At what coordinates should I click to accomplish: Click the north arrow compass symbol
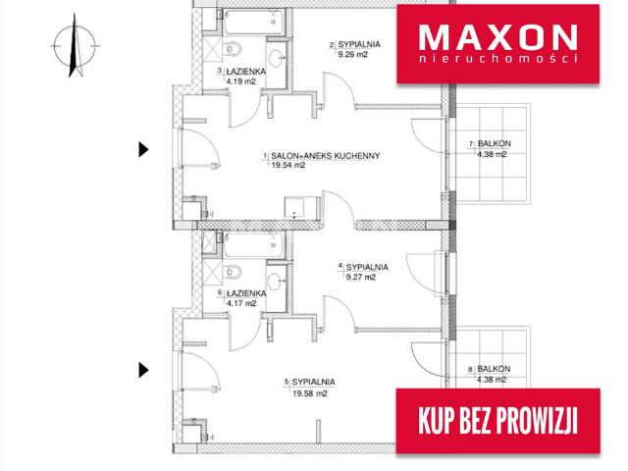75,45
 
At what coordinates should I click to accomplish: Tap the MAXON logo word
497,37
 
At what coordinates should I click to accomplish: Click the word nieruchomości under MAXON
497,59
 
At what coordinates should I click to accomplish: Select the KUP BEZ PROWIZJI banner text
497,421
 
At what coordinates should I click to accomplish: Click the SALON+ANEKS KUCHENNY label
325,155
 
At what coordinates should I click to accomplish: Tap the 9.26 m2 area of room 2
353,55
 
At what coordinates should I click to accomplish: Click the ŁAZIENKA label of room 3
246,72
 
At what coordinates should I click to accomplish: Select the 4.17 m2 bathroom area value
241,303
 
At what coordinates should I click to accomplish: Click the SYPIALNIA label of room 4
367,267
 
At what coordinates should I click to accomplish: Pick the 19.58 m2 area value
310,393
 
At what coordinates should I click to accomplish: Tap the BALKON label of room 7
494,143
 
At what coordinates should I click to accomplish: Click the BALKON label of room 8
494,369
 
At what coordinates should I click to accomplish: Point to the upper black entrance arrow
144,149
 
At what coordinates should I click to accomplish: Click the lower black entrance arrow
144,370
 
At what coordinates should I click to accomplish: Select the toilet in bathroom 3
233,49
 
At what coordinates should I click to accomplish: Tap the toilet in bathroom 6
233,272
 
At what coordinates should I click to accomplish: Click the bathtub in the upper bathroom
253,23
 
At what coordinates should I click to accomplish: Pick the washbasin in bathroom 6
275,282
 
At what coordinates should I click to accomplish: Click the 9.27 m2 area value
361,277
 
